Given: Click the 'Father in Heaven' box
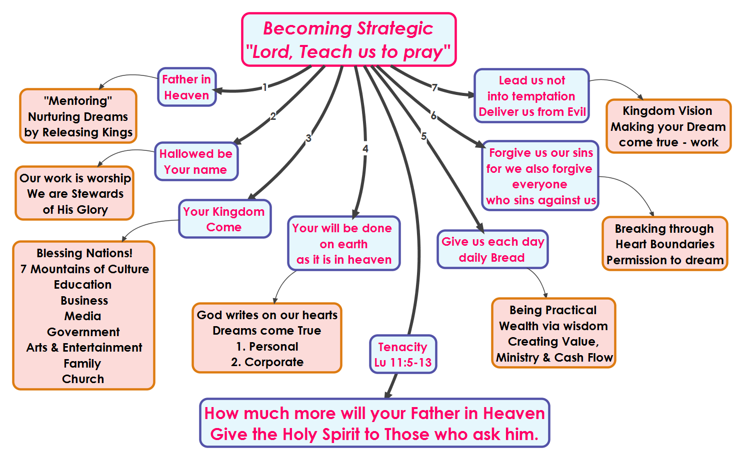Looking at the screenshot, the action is [x=187, y=87].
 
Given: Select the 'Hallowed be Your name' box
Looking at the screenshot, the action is [x=196, y=161].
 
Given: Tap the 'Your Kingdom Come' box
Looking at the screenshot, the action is [x=225, y=219].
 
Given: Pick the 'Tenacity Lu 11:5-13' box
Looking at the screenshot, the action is [x=403, y=354].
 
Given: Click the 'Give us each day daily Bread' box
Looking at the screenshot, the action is [x=492, y=249].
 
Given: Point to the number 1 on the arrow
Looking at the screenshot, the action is [x=264, y=87].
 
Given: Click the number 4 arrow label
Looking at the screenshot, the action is [x=365, y=149].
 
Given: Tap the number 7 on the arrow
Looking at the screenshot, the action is [x=434, y=87].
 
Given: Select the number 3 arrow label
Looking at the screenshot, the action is [x=308, y=138].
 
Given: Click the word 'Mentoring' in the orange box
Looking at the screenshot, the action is [x=78, y=100].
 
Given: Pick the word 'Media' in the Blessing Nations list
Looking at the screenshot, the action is [x=82, y=316].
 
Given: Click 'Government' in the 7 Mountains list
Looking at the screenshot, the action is [x=83, y=332].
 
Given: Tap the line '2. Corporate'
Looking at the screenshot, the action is [x=267, y=362].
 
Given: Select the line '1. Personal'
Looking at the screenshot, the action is [x=267, y=346].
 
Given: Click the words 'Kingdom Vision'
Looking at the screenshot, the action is [x=667, y=110].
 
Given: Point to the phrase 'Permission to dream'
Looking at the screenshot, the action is [x=665, y=260].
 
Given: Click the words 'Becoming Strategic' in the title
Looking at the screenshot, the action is [x=348, y=28].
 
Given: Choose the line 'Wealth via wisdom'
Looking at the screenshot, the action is [x=553, y=326].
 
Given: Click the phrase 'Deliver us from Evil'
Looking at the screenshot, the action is [x=532, y=112].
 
